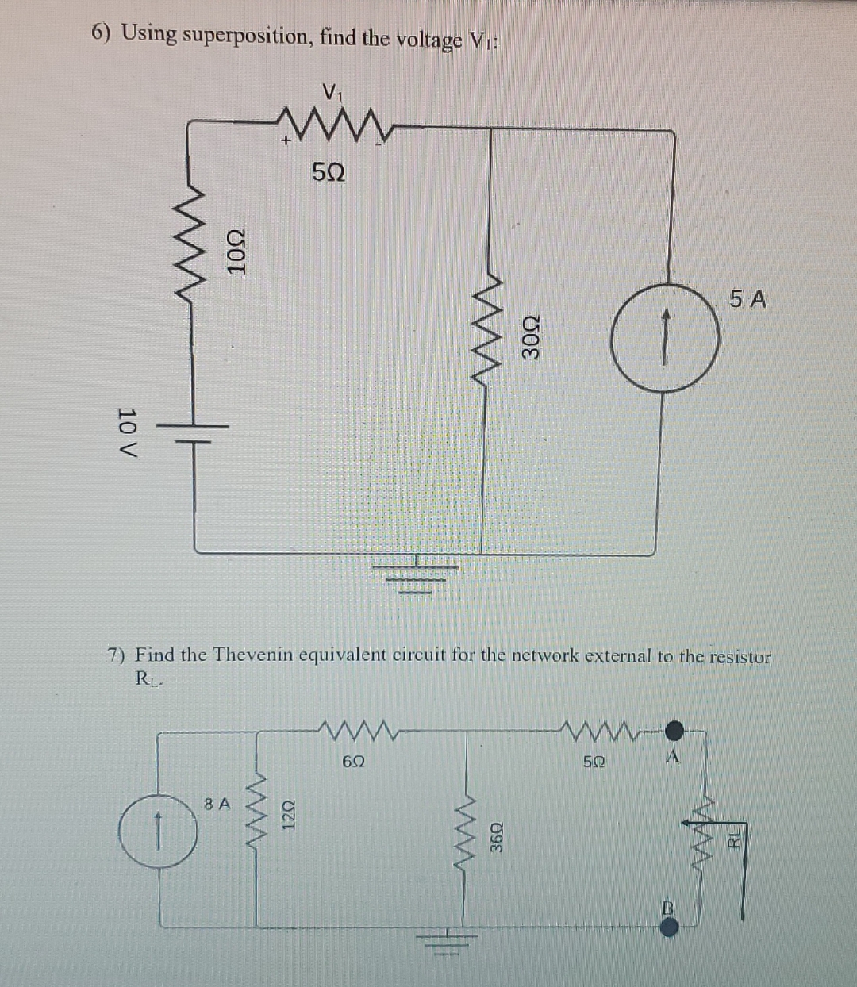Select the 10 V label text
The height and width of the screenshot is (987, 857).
(127, 433)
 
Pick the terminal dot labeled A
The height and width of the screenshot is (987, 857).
(674, 728)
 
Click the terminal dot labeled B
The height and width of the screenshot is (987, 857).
(669, 927)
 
